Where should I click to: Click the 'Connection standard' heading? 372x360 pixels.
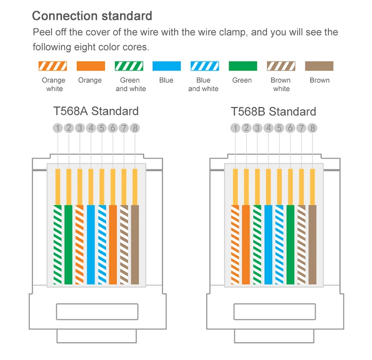(x=92, y=16)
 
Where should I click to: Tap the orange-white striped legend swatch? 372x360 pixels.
(x=53, y=66)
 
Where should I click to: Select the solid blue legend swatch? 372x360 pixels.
(x=167, y=66)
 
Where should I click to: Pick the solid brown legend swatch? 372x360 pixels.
(x=319, y=66)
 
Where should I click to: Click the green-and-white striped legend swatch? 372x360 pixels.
(x=129, y=66)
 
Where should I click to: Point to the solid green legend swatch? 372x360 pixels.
(x=243, y=66)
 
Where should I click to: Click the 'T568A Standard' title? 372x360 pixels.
(x=96, y=111)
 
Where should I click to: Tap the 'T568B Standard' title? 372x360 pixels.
(x=273, y=111)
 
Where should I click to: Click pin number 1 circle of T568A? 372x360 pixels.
(x=58, y=128)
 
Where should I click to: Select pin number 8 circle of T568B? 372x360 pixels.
(x=312, y=128)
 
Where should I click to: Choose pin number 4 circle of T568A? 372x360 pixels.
(x=91, y=128)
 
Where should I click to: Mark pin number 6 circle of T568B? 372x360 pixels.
(x=290, y=128)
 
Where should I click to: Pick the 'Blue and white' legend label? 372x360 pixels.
(x=203, y=84)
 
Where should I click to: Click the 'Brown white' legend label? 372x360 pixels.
(x=281, y=84)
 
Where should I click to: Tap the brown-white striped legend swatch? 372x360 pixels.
(x=281, y=66)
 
